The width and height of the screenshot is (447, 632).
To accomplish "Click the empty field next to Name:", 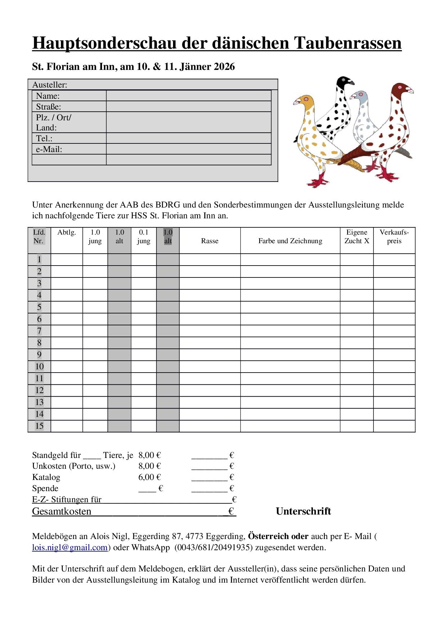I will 189,96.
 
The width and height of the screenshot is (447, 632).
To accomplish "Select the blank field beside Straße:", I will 189,107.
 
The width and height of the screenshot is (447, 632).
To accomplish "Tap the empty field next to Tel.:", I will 189,138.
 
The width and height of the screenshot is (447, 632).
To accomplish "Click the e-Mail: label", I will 49,149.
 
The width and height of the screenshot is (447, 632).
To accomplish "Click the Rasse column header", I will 210,241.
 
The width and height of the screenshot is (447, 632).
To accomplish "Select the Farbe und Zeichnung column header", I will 290,241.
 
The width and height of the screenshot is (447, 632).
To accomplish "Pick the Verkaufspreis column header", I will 394,237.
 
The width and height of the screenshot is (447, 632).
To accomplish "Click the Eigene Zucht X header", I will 357,237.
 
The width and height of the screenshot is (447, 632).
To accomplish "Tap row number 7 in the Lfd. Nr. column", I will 39,331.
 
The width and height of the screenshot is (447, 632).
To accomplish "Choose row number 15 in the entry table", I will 39,426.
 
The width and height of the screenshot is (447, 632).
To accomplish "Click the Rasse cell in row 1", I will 210,259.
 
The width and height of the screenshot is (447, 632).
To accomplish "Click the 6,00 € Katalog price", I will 149,477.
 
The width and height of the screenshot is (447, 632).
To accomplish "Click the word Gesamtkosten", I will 62,511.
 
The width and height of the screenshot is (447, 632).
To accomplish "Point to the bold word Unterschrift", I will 303,511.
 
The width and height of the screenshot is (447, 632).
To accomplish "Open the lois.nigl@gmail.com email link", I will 70,548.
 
